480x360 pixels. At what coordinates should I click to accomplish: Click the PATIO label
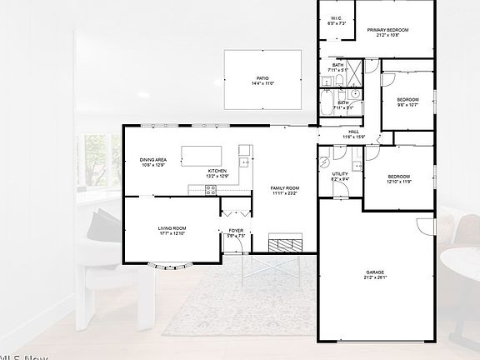point(262,77)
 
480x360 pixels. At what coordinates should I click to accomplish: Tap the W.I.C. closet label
point(336,18)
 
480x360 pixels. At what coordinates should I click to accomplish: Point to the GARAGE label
point(374,272)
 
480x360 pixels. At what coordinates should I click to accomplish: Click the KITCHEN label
point(217,172)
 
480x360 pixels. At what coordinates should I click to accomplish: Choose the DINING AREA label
point(153,159)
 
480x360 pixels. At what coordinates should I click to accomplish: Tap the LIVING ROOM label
point(172,227)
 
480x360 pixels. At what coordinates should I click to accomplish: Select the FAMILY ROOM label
point(284,188)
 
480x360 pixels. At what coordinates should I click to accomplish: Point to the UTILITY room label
point(340,173)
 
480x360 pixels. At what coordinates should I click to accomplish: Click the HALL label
point(353,132)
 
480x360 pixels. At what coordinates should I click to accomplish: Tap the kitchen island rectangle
point(202,156)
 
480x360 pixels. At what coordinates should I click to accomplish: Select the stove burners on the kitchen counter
point(212,189)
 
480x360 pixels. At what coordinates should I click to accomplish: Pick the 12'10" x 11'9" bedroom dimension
point(398,182)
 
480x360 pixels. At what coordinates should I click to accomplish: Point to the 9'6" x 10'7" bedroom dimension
point(407,105)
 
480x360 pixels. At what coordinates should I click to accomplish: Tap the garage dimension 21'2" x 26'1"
point(374,277)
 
